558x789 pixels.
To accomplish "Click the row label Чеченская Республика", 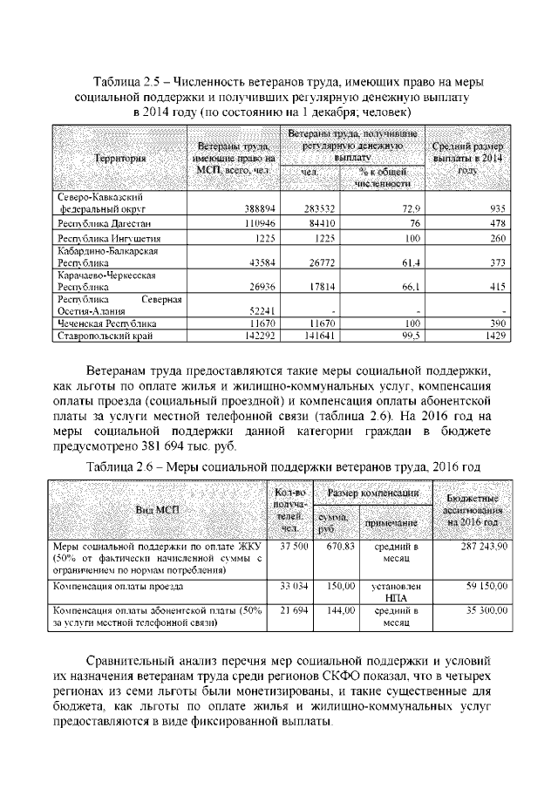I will coord(100,323).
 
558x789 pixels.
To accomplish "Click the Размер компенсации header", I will coord(372,493).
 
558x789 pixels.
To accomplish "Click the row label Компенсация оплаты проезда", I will coord(108,587).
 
